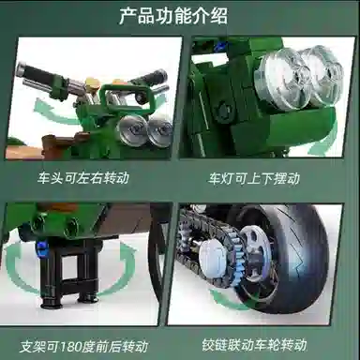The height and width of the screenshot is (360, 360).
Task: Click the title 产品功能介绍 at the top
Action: [x=173, y=16]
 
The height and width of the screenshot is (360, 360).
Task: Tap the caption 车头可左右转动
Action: [x=83, y=178]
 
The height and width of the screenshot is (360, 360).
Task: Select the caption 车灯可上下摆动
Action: [x=254, y=178]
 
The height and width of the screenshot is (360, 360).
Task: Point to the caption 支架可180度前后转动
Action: [x=83, y=347]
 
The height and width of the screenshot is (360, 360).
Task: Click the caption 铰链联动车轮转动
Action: [x=254, y=345]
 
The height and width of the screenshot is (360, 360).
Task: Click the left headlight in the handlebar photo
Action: [x=130, y=129]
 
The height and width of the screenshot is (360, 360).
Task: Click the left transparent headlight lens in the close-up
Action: [x=280, y=78]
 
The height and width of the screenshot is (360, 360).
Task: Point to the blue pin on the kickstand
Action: [x=43, y=247]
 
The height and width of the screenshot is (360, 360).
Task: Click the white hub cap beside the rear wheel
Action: [x=214, y=255]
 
